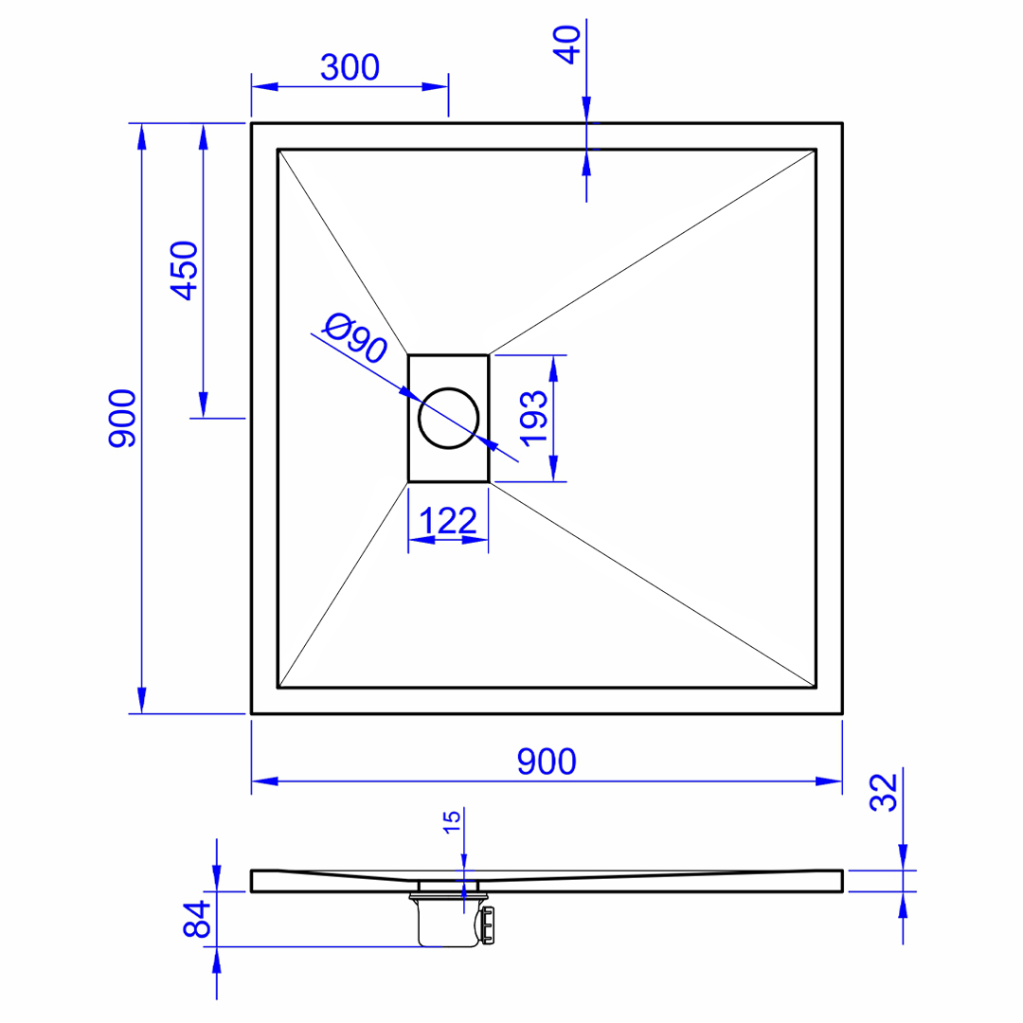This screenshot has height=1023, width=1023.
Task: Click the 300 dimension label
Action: click(350, 67)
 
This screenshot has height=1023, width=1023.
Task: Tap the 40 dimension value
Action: click(567, 45)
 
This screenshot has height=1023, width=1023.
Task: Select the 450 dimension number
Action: click(184, 271)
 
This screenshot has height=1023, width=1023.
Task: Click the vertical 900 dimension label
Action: click(122, 419)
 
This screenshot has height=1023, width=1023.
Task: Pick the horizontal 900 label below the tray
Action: click(547, 762)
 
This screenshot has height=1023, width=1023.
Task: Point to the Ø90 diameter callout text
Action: click(355, 337)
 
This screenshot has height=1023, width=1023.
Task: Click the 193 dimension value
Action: click(533, 419)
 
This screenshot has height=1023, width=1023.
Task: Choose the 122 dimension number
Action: click(448, 521)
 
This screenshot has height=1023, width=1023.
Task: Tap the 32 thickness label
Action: click(884, 792)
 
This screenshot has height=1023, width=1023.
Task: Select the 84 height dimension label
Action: click(197, 919)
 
